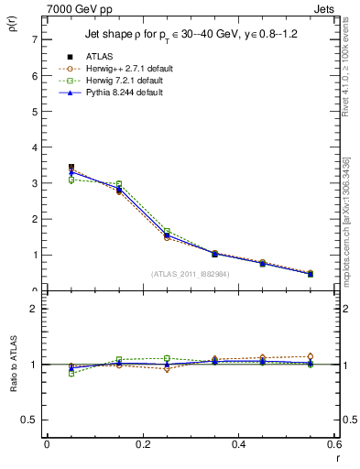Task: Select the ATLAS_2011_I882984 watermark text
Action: click(191, 273)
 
